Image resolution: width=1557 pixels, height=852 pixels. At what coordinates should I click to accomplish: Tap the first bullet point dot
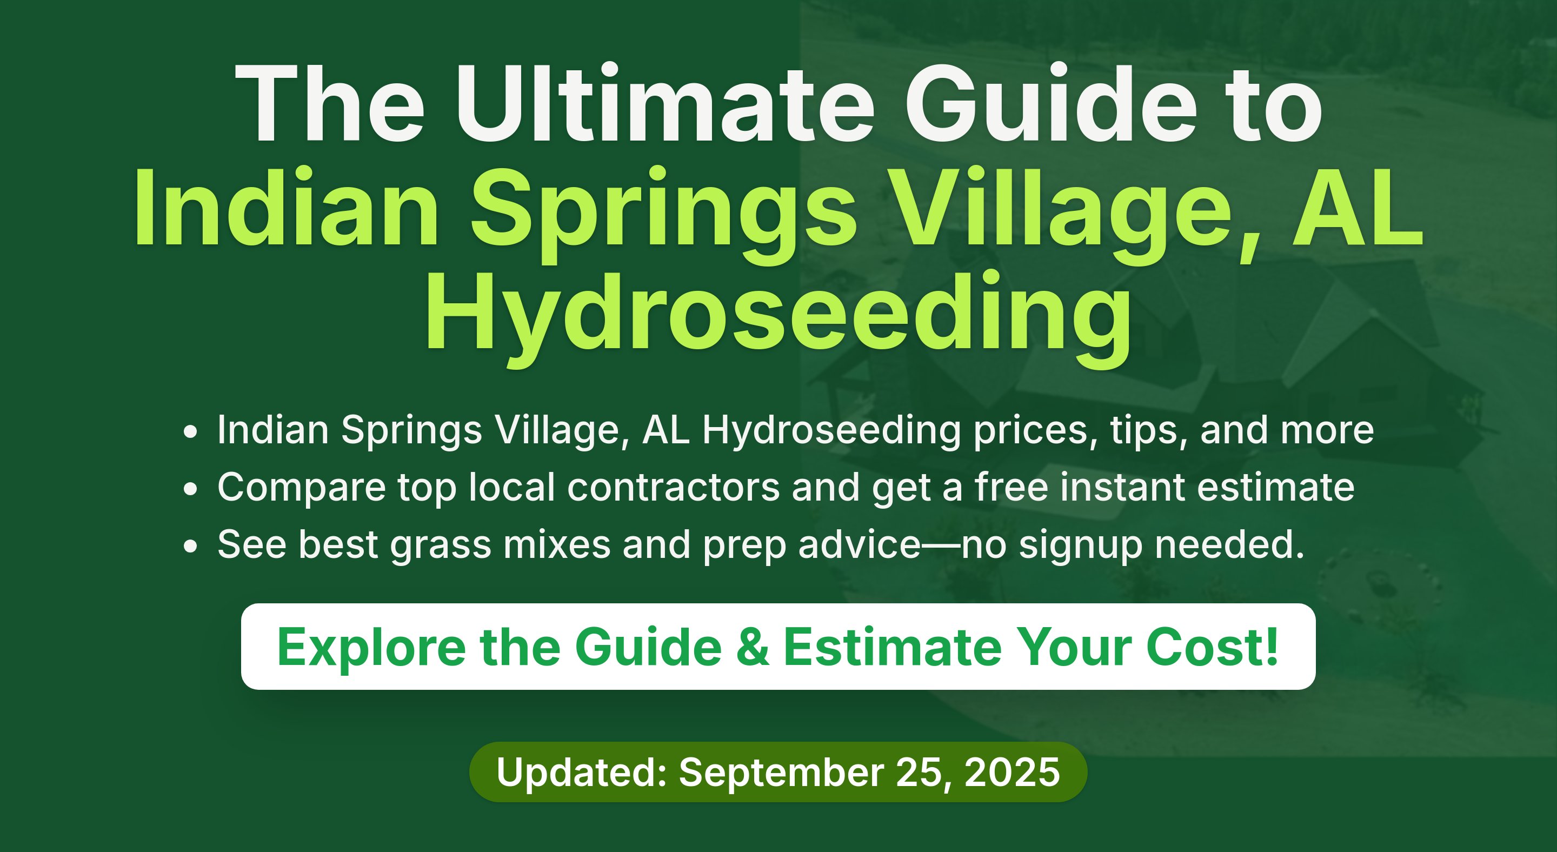(x=190, y=432)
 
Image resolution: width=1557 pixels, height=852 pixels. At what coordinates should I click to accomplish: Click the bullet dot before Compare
(x=190, y=489)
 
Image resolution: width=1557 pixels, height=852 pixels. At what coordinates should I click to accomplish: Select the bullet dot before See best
(x=190, y=546)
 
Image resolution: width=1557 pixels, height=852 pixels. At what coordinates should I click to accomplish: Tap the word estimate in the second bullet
(x=1276, y=488)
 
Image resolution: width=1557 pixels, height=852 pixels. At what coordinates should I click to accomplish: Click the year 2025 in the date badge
(x=1012, y=772)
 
